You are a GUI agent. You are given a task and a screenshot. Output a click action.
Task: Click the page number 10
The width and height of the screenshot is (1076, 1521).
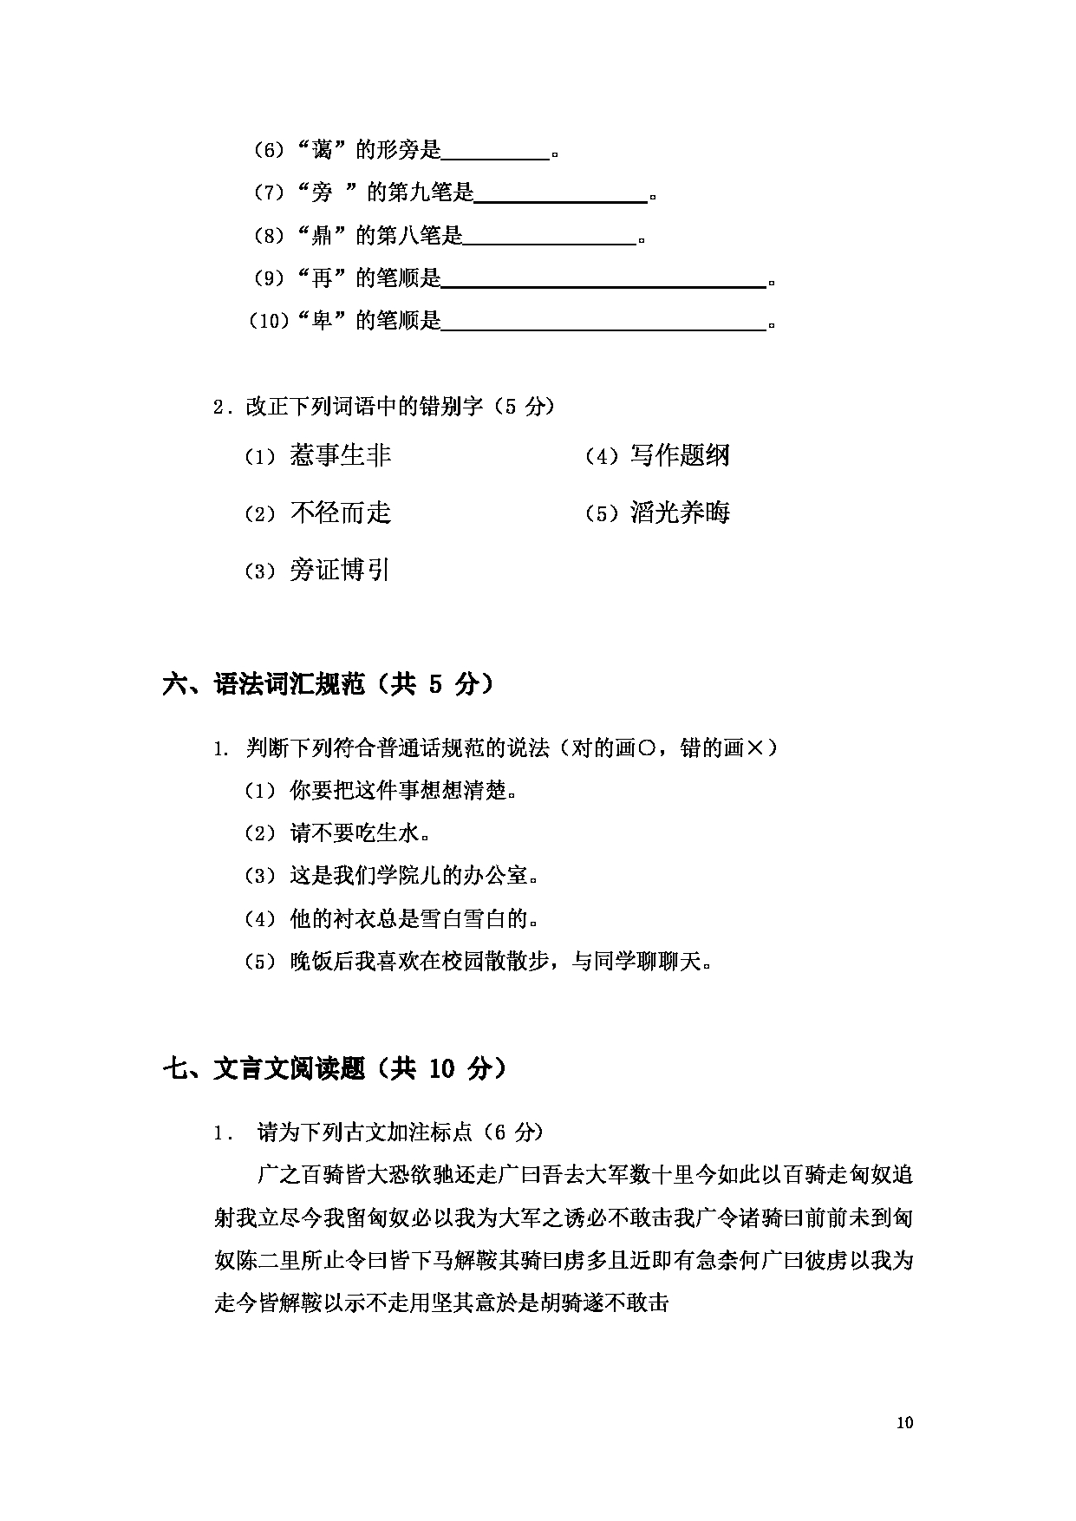tap(905, 1422)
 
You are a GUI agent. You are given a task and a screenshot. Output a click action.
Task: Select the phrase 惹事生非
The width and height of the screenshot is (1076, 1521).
tap(340, 455)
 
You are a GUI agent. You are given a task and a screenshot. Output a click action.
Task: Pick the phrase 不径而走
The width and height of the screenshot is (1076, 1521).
tap(340, 512)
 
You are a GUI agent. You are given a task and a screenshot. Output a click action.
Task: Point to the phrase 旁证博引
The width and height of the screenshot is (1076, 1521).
tap(339, 570)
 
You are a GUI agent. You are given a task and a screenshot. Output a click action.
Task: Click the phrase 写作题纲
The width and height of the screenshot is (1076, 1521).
tap(680, 455)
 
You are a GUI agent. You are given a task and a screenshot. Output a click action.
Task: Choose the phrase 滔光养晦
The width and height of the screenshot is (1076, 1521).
tap(680, 512)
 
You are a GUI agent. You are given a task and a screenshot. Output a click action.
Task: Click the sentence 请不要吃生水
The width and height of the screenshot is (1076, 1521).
tap(360, 833)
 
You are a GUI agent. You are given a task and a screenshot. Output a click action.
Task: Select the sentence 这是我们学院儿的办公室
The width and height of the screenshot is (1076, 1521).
tap(414, 876)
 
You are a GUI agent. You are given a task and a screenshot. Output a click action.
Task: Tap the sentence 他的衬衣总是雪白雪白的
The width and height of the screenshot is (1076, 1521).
tap(414, 918)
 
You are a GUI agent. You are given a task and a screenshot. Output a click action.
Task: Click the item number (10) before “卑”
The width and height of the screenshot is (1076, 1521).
tap(268, 322)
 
